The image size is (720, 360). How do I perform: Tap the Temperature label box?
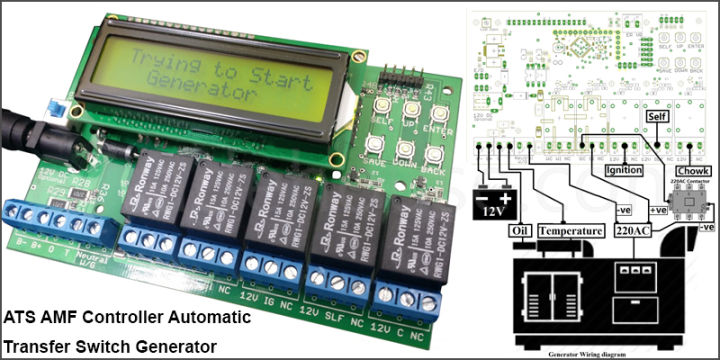[572, 230]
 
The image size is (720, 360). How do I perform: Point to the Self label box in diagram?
[657, 116]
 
